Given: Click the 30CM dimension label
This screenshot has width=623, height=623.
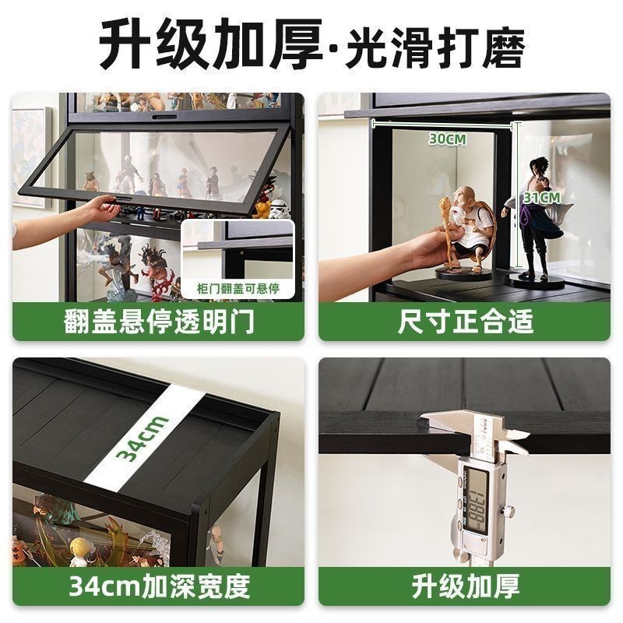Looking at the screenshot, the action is click(x=448, y=139).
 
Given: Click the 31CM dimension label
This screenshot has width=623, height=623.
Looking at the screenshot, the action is click(x=541, y=198).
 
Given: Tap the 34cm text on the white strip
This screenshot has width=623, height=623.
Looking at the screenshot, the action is click(x=143, y=438).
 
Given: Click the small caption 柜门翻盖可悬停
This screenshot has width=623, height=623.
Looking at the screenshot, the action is click(x=238, y=288).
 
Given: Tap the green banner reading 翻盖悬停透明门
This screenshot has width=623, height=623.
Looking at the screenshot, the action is click(x=159, y=322).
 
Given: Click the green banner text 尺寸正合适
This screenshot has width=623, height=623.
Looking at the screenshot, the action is click(x=465, y=322).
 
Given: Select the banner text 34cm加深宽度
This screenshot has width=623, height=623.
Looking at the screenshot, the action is click(x=159, y=586).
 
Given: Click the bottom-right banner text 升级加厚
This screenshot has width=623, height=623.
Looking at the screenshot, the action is click(x=465, y=586).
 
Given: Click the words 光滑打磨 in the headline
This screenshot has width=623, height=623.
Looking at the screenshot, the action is click(x=435, y=47).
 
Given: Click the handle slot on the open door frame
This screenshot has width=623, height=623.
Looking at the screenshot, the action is click(x=124, y=198).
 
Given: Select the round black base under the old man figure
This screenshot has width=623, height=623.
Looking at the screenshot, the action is click(x=464, y=274).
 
